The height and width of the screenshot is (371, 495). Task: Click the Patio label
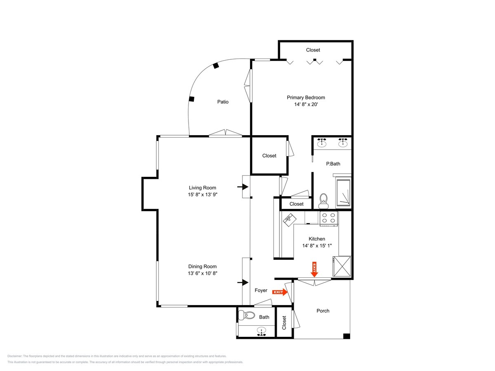[223, 102]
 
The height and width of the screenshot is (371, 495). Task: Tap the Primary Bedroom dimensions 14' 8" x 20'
[306, 104]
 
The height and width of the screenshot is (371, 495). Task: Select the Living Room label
[202, 188]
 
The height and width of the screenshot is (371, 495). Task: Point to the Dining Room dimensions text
[202, 273]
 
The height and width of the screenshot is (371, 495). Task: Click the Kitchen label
[317, 239]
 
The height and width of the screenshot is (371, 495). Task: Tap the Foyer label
[261, 290]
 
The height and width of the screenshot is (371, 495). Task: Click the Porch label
[323, 311]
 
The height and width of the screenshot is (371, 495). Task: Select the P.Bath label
[333, 164]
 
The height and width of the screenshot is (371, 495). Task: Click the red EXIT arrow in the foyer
[280, 292]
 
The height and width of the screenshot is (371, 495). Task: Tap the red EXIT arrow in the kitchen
[314, 269]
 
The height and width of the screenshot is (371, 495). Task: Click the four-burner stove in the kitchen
[329, 218]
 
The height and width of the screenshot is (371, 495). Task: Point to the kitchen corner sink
[289, 220]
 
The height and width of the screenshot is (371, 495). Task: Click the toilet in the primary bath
[324, 201]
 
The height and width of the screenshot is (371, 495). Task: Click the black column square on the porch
[346, 336]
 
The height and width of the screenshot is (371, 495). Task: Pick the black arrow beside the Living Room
[243, 187]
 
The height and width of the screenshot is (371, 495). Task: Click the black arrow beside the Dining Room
[243, 282]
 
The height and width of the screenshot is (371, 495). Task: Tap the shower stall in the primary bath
[344, 193]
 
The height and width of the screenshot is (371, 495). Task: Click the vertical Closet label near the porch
[284, 323]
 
